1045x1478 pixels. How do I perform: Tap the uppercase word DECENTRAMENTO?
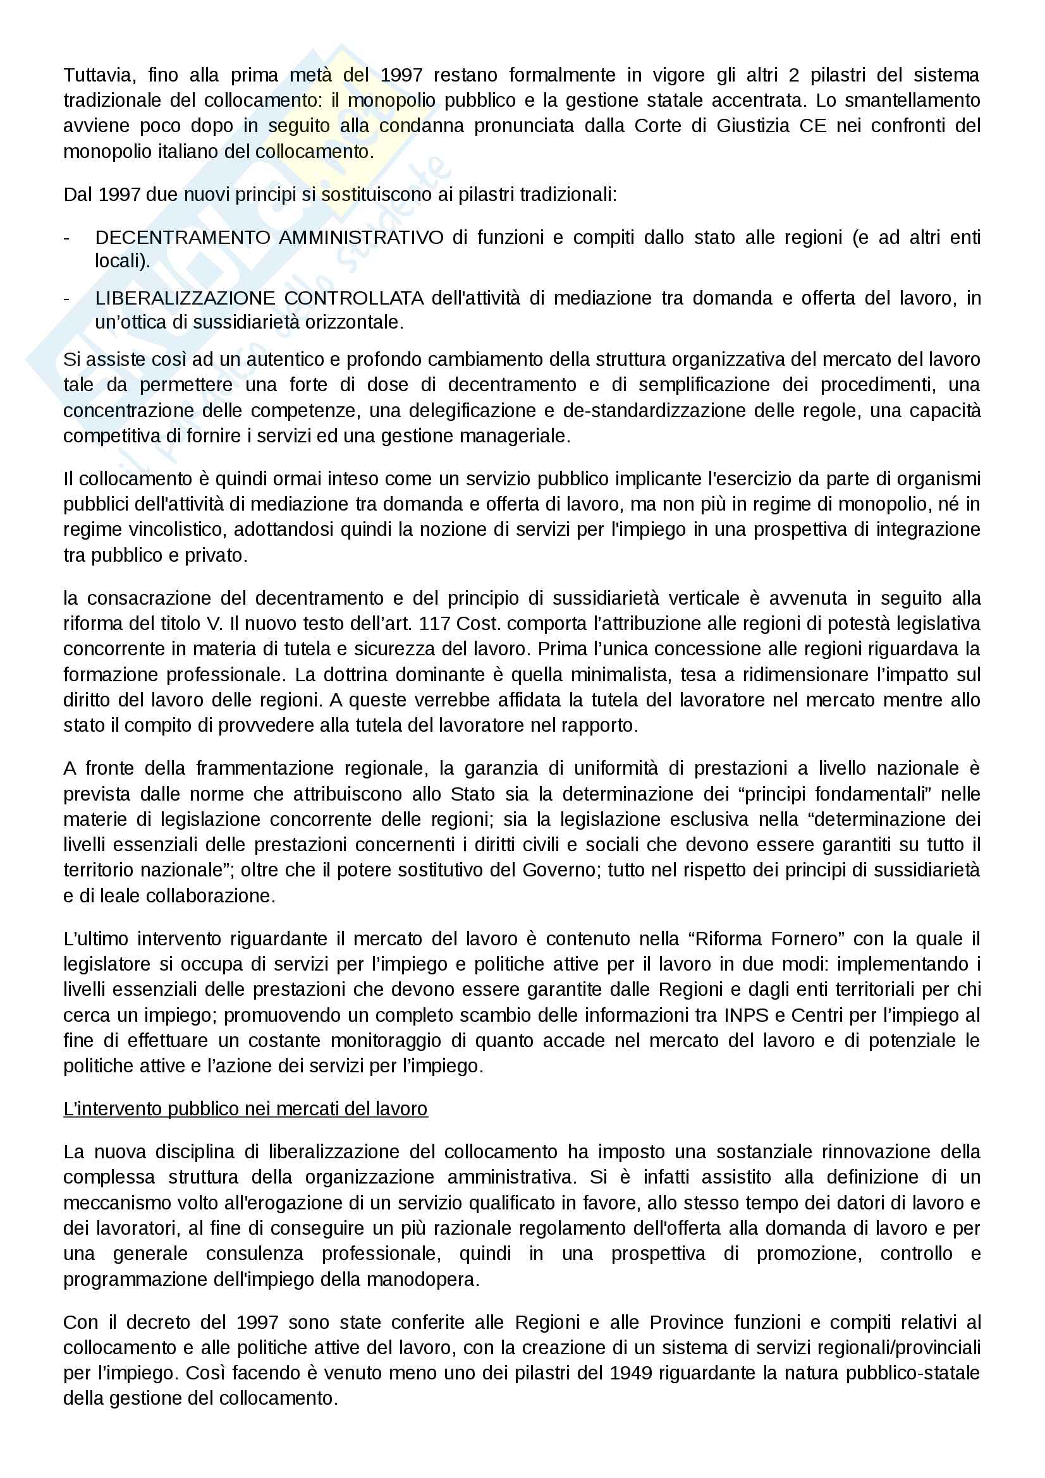[x=182, y=238]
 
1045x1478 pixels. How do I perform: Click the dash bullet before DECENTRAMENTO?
[x=67, y=238]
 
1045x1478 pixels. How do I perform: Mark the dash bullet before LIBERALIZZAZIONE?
[x=67, y=299]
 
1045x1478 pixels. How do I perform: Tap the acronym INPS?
[x=746, y=1015]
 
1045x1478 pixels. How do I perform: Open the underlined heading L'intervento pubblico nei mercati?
[x=245, y=1109]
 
